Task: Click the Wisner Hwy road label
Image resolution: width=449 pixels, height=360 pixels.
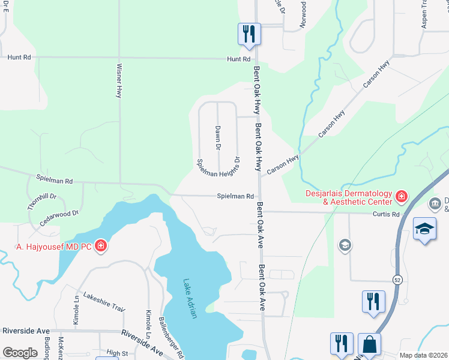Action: coord(119,80)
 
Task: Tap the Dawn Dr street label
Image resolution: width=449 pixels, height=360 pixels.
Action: coord(218,138)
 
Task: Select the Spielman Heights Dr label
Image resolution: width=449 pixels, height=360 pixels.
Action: coord(220,164)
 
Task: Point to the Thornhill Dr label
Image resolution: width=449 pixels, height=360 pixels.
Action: coord(41,201)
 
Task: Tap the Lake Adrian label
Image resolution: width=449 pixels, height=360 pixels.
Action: coord(190,299)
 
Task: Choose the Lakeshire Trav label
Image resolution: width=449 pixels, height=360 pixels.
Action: coord(104,301)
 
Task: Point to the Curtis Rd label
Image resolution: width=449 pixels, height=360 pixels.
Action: coord(385,214)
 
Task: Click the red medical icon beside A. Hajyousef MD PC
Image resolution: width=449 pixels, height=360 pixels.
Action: coord(101,246)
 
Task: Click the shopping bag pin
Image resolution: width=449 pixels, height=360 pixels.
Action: coord(369,345)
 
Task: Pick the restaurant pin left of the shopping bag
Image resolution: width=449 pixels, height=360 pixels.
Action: coord(342,344)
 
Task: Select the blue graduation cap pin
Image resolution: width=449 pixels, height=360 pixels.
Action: coord(424,229)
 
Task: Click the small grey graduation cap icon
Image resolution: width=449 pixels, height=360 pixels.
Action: coord(345,244)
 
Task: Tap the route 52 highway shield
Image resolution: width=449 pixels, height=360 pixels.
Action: coord(397,280)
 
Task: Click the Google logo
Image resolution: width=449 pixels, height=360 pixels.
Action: coord(20,353)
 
